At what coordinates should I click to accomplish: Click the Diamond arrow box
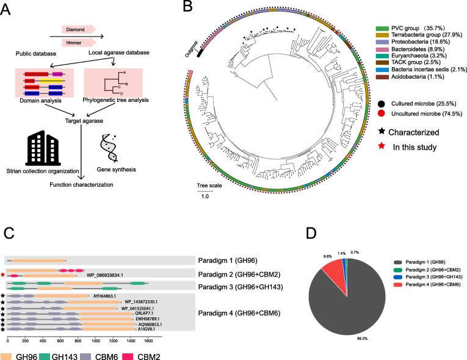78,28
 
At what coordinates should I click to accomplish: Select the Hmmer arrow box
78,42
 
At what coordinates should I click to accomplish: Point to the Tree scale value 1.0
204,196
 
